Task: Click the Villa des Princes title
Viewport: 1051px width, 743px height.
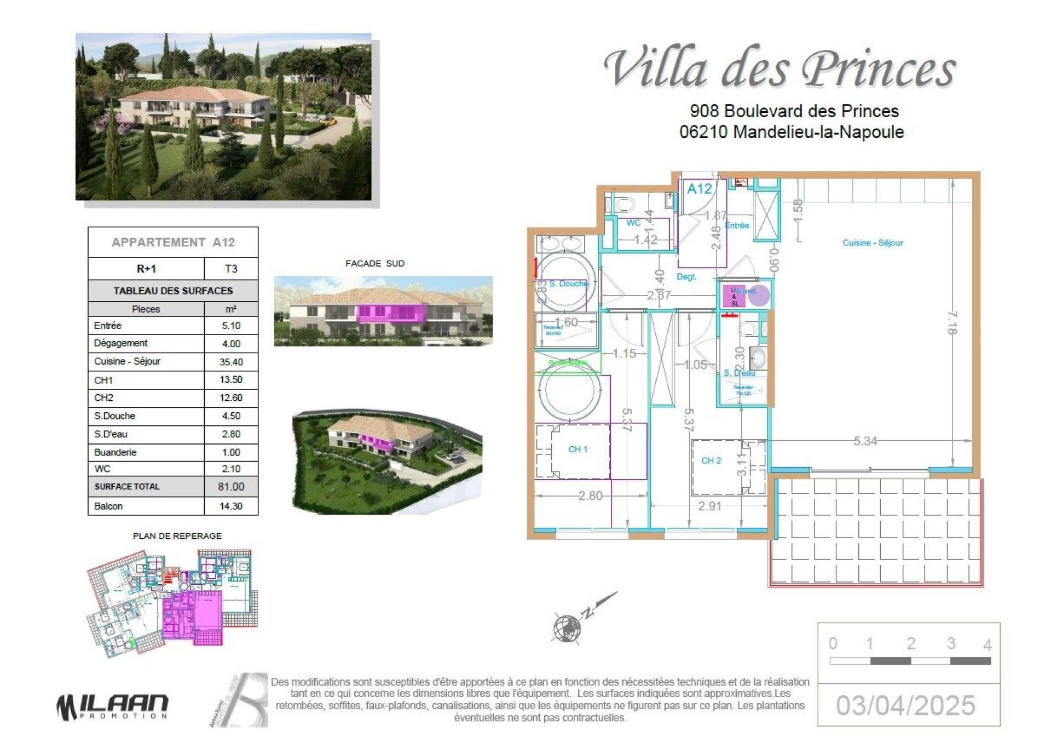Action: coord(779,70)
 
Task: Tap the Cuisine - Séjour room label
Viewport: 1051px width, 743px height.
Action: coord(873,243)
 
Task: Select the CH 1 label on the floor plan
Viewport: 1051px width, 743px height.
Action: coord(578,449)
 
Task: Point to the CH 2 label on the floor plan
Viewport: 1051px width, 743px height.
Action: coord(711,460)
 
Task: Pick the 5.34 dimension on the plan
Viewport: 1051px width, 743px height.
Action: coord(865,441)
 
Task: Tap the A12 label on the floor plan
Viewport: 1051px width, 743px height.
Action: coord(699,189)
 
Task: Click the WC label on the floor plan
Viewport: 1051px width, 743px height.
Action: coord(633,223)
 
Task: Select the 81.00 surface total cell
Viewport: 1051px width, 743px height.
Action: coord(231,486)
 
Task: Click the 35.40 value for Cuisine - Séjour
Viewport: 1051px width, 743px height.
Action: coord(231,361)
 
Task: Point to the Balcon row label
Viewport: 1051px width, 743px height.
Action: coord(108,506)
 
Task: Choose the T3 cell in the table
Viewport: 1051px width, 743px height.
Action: coord(231,269)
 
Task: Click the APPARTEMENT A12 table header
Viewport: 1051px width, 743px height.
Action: coord(173,242)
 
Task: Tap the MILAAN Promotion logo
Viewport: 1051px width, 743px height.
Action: coord(112,707)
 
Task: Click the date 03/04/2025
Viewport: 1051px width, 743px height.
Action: coord(905,705)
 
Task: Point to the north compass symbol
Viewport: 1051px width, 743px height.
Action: coord(568,627)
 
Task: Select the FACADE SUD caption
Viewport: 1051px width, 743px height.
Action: coord(375,263)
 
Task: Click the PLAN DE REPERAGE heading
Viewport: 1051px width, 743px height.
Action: coord(177,536)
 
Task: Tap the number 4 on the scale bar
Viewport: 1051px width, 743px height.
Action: coord(988,644)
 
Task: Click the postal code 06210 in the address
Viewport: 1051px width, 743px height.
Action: coord(703,132)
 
